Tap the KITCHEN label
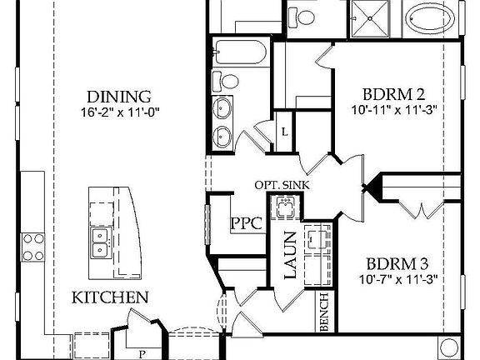110,297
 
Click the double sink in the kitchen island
101,242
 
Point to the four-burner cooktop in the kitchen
33,246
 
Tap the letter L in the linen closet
285,132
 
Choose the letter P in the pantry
141,353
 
